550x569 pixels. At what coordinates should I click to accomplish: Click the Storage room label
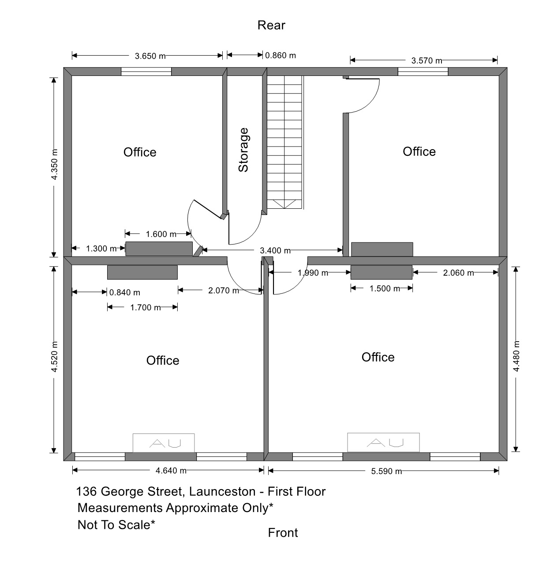[x=243, y=150]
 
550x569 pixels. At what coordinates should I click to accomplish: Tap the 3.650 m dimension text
[x=150, y=56]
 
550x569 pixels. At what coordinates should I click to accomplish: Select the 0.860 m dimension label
[x=281, y=55]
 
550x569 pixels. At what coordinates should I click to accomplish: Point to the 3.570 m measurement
[x=427, y=60]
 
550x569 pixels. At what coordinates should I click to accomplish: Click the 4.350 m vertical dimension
[x=54, y=164]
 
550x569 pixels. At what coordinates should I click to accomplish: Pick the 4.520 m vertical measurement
[x=54, y=356]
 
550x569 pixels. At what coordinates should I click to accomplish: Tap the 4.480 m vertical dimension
[x=516, y=356]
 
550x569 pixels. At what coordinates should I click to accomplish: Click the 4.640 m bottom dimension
[x=171, y=471]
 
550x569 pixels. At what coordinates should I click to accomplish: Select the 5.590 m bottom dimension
[x=386, y=471]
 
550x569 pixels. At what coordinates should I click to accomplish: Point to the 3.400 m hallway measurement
[x=275, y=251]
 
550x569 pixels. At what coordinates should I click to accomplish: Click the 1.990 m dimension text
[x=313, y=273]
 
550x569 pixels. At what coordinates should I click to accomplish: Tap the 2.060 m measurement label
[x=458, y=273]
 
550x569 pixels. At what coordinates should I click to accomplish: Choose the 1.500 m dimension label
[x=385, y=289]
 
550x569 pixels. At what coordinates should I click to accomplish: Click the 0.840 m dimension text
[x=125, y=292]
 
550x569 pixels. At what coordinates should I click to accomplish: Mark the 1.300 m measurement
[x=101, y=249]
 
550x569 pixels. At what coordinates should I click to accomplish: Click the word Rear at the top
[x=271, y=25]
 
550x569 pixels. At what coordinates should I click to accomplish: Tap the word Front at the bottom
[x=283, y=533]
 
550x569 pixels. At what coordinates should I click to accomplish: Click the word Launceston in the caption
[x=222, y=492]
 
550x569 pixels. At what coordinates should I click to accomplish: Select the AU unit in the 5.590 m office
[x=383, y=442]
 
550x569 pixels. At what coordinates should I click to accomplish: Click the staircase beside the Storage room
[x=285, y=142]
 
